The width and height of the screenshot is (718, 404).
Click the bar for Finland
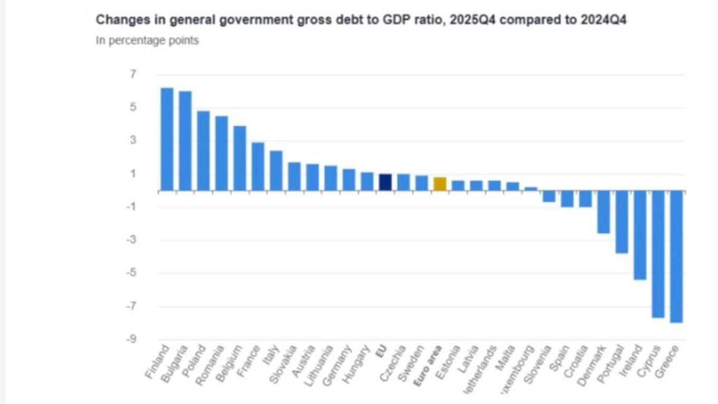[167, 139]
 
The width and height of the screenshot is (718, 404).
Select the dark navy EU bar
[385, 182]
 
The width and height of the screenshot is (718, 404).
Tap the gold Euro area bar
[440, 184]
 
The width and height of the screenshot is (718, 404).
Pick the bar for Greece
[676, 257]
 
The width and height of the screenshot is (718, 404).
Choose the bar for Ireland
[640, 235]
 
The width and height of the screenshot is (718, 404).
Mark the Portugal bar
[622, 222]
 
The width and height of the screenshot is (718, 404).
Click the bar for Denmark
[603, 212]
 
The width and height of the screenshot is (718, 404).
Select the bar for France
[258, 166]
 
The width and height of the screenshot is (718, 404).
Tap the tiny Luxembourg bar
[531, 189]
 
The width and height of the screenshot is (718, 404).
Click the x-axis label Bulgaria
[174, 363]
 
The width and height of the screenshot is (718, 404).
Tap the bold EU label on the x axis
[381, 351]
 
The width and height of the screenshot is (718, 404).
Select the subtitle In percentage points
[147, 40]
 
